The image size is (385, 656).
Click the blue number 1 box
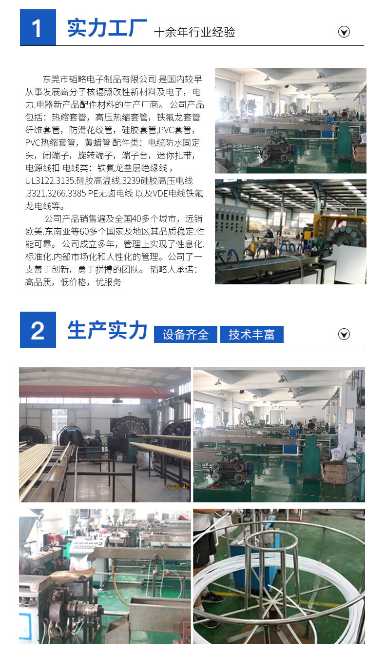(38, 27)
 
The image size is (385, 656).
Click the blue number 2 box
(38, 330)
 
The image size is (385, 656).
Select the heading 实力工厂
(107, 28)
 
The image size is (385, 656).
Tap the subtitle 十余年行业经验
(194, 32)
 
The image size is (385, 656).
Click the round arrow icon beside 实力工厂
(344, 32)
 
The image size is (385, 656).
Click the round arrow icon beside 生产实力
(344, 334)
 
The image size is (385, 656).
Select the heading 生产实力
(107, 330)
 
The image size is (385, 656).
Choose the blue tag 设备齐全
(186, 334)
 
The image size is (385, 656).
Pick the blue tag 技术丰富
(252, 334)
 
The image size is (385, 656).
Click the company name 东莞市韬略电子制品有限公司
(99, 79)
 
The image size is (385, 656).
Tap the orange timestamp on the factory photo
(176, 487)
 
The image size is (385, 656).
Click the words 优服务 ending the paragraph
(108, 282)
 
